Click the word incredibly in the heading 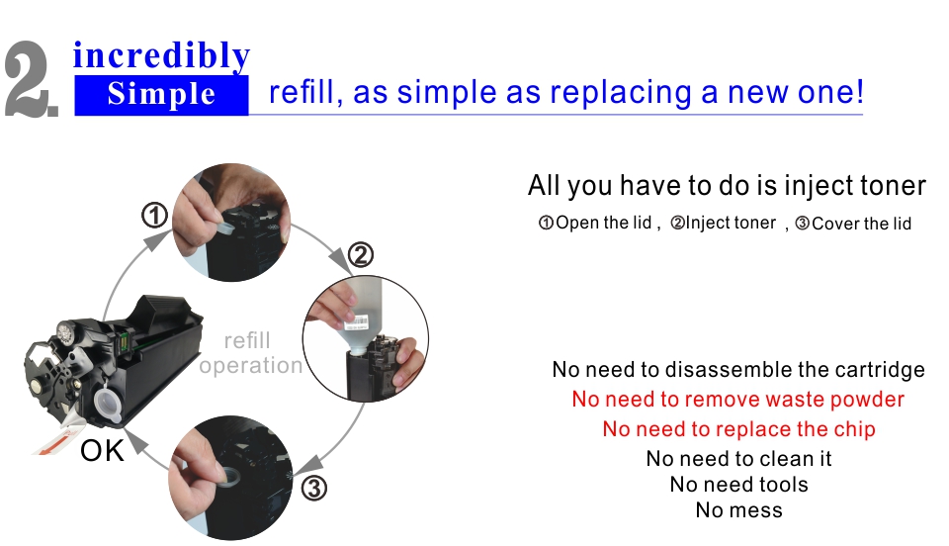[x=161, y=56]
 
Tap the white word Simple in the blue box [x=161, y=94]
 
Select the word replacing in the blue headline [x=621, y=94]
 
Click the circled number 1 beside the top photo [x=155, y=216]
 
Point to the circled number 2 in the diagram [x=361, y=255]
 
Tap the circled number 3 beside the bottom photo [x=313, y=488]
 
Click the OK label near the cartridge [x=102, y=451]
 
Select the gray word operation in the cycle [x=250, y=366]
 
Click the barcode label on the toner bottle [x=356, y=321]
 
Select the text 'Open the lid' [x=603, y=223]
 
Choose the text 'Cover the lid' [x=861, y=224]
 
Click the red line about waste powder [x=737, y=400]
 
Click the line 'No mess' [x=739, y=510]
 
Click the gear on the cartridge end [x=65, y=331]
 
